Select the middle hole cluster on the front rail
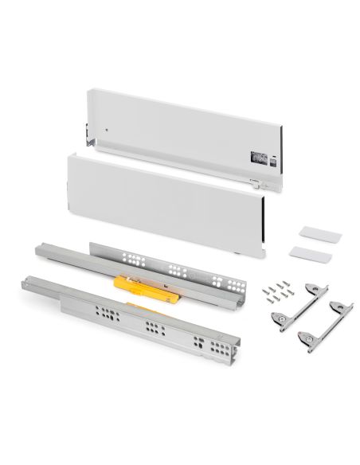point(152,327)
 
